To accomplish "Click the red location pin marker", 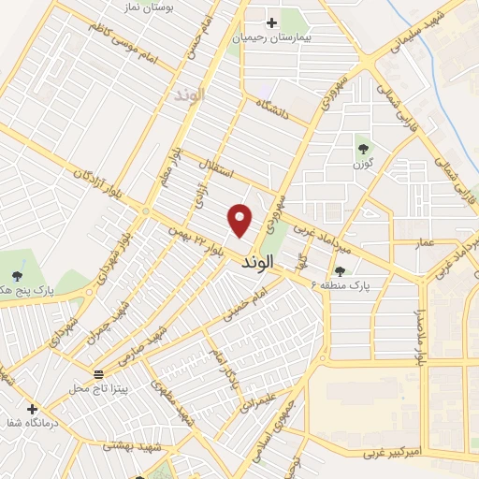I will pos(240,221).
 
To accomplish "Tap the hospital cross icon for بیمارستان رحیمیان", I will pos(272,22).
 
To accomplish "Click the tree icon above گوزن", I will pos(362,148).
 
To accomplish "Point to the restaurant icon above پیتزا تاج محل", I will pos(99,372).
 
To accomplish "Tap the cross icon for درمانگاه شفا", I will pos(33,409).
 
